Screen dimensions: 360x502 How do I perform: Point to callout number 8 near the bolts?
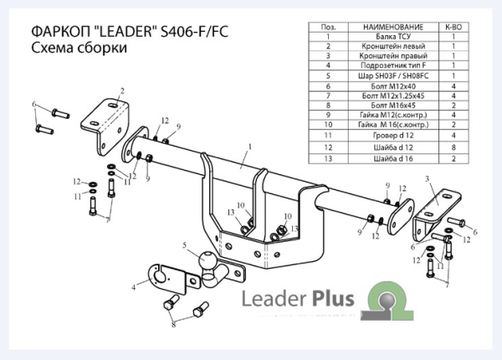(175, 321)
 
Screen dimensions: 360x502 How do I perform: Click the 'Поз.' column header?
(329, 28)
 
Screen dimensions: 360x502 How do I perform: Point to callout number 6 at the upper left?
(34, 104)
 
